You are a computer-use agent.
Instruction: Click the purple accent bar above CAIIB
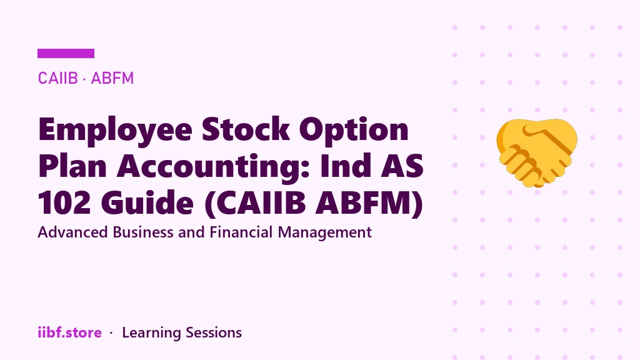(66, 54)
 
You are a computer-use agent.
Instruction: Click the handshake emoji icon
(537, 153)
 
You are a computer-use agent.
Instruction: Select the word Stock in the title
(246, 129)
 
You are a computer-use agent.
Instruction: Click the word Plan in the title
(72, 166)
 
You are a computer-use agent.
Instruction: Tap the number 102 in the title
(64, 203)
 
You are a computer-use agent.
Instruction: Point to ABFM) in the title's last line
(369, 203)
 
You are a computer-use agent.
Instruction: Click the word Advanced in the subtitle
(73, 232)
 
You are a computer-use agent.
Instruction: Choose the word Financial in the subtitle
(241, 232)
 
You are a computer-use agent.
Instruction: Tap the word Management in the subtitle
(325, 233)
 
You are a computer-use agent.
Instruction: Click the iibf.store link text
(70, 332)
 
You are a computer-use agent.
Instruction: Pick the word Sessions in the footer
(214, 332)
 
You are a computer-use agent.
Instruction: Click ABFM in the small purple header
(112, 78)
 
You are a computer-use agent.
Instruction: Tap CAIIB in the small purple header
(57, 78)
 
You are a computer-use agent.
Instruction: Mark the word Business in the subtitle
(143, 232)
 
